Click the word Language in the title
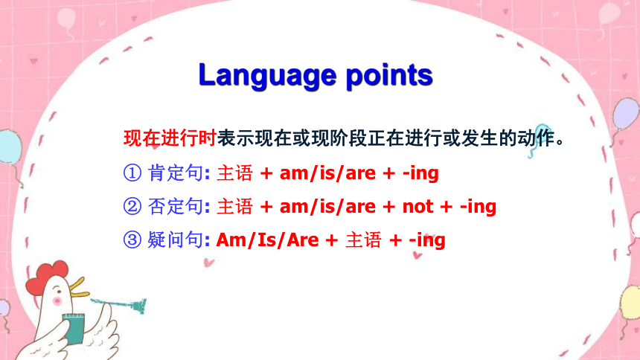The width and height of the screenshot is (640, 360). pyautogui.click(x=267, y=76)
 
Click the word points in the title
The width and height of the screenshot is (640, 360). pyautogui.click(x=389, y=76)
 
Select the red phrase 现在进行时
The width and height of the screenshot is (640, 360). pyautogui.click(x=170, y=138)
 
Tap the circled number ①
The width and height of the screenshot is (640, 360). pyautogui.click(x=132, y=173)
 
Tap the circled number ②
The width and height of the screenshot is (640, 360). pyautogui.click(x=132, y=206)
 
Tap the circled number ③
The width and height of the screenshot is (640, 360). pyautogui.click(x=132, y=240)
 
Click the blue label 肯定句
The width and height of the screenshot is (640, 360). pyautogui.click(x=175, y=173)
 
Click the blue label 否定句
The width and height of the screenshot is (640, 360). pyautogui.click(x=175, y=206)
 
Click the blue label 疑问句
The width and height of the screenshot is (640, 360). pyautogui.click(x=175, y=240)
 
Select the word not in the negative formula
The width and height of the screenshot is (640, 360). pyautogui.click(x=418, y=207)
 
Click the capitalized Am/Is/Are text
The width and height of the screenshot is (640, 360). pyautogui.click(x=268, y=240)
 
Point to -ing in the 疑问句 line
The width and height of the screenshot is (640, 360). pyautogui.click(x=427, y=240)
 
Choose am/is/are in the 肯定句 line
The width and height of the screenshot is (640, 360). pyautogui.click(x=327, y=173)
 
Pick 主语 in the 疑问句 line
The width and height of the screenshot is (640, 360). pyautogui.click(x=363, y=240)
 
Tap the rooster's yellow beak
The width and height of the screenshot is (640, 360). pyautogui.click(x=79, y=287)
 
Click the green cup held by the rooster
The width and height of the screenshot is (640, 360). pyautogui.click(x=74, y=329)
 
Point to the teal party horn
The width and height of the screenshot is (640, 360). pyautogui.click(x=118, y=304)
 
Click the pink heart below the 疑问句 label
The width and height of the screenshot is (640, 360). pyautogui.click(x=208, y=263)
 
